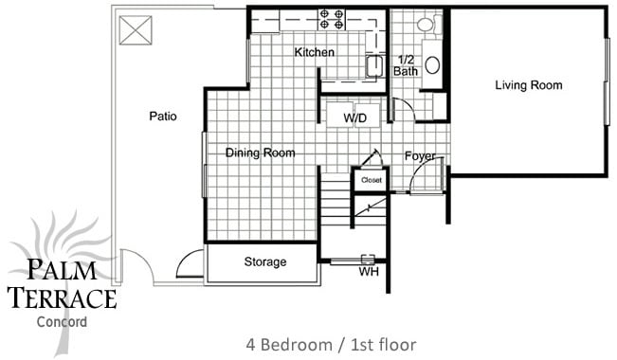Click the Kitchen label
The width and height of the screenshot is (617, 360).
pyautogui.click(x=314, y=52)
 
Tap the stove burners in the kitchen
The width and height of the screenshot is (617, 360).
pyautogui.click(x=332, y=18)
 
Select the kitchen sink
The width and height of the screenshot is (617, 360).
pyautogui.click(x=373, y=65)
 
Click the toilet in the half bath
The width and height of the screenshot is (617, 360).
pyautogui.click(x=426, y=25)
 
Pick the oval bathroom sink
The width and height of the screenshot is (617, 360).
pyautogui.click(x=432, y=64)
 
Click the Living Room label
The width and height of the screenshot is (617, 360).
pyautogui.click(x=528, y=85)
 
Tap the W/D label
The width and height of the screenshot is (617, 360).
pyautogui.click(x=355, y=117)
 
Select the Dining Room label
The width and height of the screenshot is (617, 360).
pyautogui.click(x=260, y=153)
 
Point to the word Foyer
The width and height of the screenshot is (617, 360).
pyautogui.click(x=419, y=155)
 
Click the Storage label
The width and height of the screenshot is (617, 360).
pyautogui.click(x=265, y=262)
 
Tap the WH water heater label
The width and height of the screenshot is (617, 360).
pyautogui.click(x=369, y=272)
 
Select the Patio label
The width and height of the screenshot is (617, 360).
pyautogui.click(x=163, y=117)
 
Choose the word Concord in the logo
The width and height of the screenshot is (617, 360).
pyautogui.click(x=62, y=322)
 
